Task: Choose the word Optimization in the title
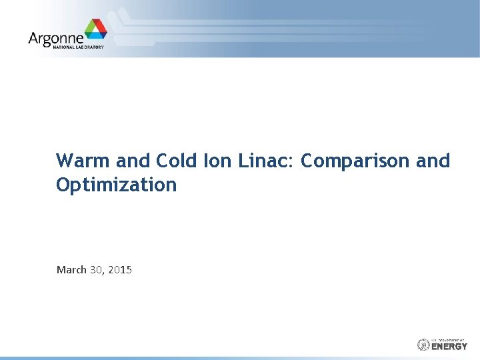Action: tap(117, 185)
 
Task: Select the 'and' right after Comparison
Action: tap(434, 161)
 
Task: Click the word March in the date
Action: tap(71, 270)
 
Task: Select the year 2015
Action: tap(120, 270)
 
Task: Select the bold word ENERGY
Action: tap(450, 347)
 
